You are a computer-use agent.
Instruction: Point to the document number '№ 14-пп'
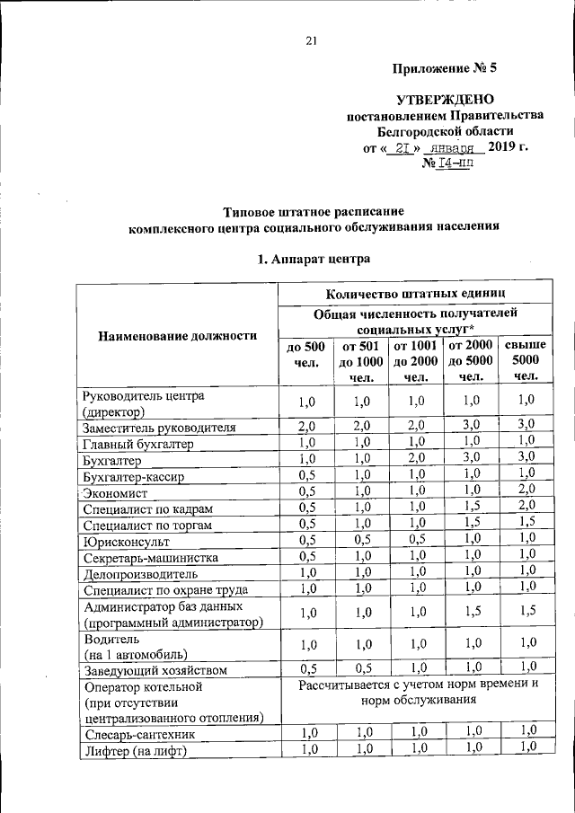point(447,164)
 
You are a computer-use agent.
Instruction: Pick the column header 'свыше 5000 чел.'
point(526,360)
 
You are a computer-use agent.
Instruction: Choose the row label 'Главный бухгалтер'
point(137,443)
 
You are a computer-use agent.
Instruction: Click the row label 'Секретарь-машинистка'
point(148,559)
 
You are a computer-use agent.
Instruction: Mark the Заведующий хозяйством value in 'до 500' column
point(306,669)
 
